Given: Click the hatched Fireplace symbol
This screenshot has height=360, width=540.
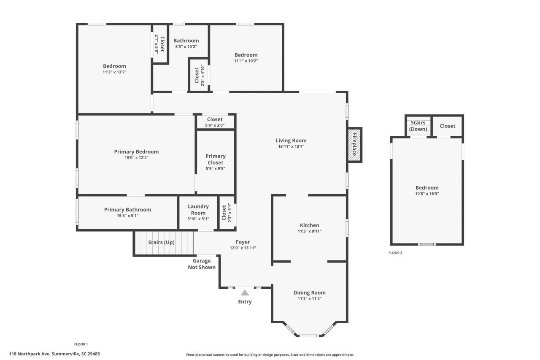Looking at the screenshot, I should (x=354, y=145).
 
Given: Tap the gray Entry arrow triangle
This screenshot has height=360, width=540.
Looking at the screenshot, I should (x=245, y=292).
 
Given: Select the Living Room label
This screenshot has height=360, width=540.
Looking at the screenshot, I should (x=291, y=141).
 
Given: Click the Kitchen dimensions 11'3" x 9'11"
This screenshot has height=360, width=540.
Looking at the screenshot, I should (x=309, y=231).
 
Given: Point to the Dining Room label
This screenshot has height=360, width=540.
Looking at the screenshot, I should (x=309, y=292).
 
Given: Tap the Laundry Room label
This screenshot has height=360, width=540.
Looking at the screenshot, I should (x=198, y=209).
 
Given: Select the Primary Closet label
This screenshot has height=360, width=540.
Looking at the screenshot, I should (x=215, y=159).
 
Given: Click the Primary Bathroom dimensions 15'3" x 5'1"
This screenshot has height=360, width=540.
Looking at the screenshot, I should (x=127, y=216).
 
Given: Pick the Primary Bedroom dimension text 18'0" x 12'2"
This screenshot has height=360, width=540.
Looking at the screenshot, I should (x=136, y=157).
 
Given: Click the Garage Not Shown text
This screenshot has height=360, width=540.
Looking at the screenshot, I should (x=202, y=264).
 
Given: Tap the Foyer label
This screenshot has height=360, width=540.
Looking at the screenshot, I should (x=243, y=242).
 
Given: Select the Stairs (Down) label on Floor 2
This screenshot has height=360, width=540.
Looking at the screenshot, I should (x=418, y=126).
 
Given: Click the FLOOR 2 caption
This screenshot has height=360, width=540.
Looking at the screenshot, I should (x=395, y=253).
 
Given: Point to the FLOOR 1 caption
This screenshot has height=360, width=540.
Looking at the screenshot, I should (x=81, y=344).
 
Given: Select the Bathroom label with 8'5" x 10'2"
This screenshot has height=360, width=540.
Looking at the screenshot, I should (x=186, y=41).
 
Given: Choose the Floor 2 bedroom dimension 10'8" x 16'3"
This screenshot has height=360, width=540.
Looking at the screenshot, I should (x=427, y=194).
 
